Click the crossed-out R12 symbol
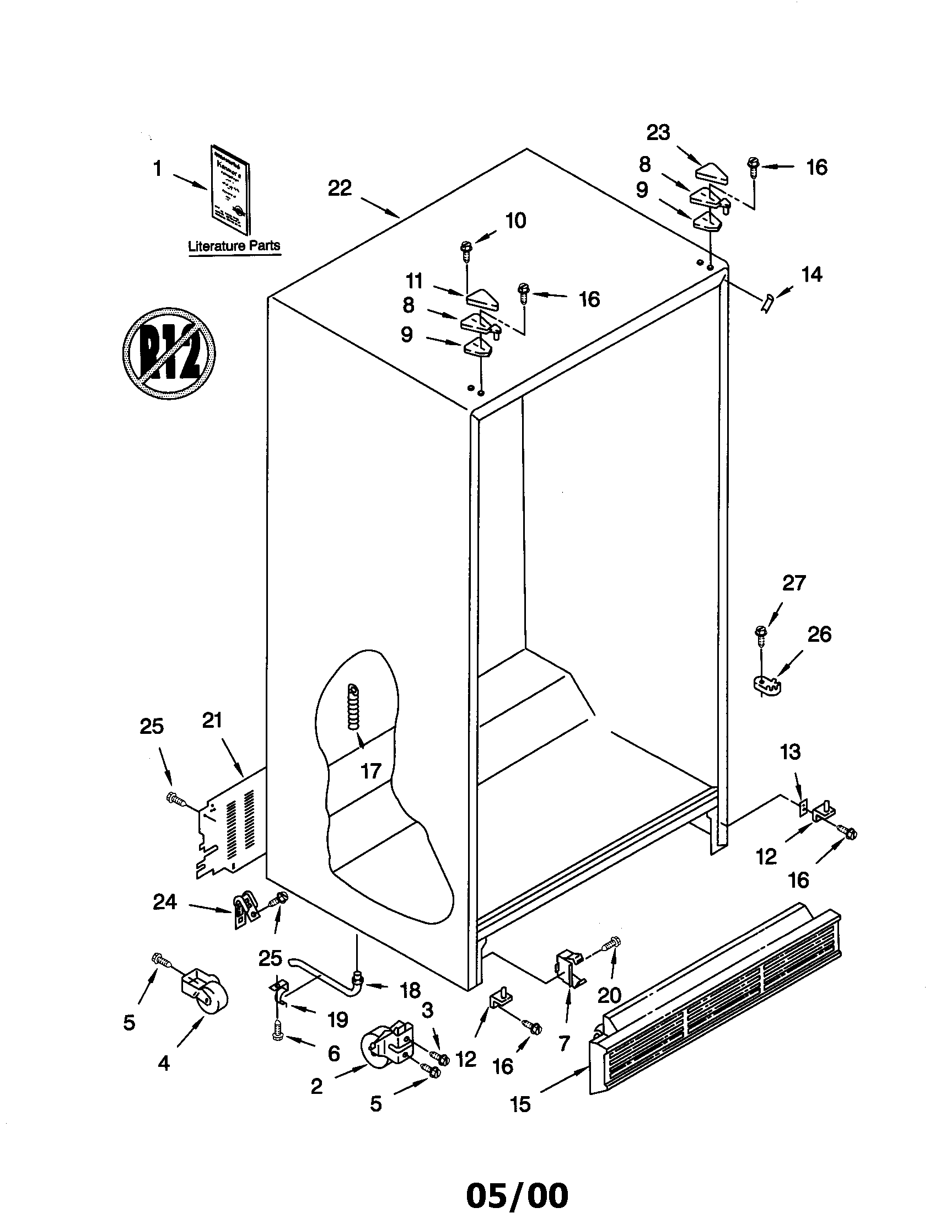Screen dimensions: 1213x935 [168, 353]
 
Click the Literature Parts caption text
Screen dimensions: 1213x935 [234, 246]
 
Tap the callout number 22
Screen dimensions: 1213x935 [340, 189]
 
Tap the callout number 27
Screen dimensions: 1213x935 [793, 583]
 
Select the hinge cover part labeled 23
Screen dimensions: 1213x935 [714, 171]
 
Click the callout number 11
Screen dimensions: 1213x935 [414, 281]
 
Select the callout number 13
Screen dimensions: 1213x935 [790, 752]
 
